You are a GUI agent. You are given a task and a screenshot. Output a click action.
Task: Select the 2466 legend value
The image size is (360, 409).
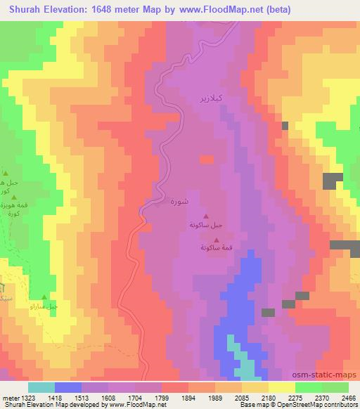(349, 397)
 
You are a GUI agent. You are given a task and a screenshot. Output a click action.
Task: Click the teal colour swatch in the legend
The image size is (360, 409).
(41, 387)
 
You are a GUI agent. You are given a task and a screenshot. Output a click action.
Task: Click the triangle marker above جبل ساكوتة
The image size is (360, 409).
(205, 216)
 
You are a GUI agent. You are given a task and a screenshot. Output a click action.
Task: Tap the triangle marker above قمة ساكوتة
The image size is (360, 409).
(216, 239)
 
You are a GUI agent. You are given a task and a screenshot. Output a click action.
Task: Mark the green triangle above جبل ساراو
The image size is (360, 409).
(44, 298)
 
